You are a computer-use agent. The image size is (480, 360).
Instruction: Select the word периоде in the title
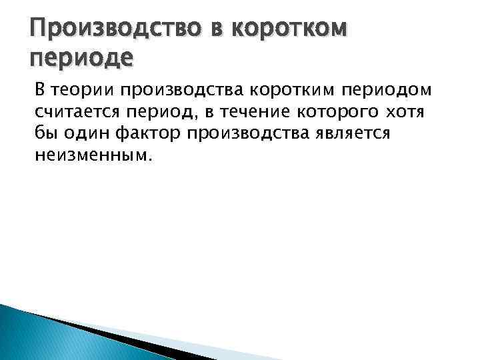point(82,59)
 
